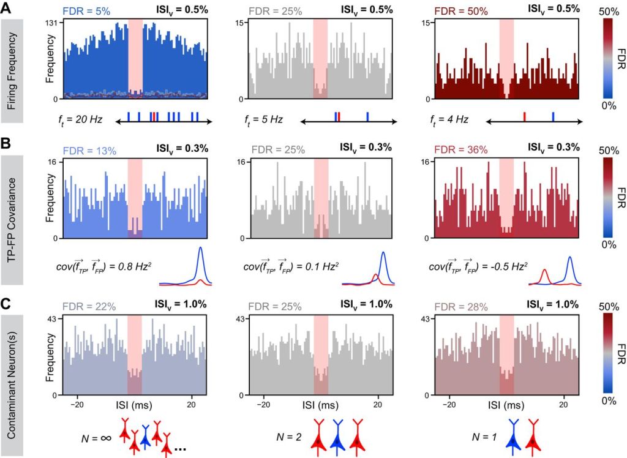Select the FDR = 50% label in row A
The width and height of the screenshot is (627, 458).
(x=453, y=10)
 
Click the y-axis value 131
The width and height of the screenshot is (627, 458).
(x=54, y=23)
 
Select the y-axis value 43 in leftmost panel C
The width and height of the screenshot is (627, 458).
(x=53, y=319)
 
